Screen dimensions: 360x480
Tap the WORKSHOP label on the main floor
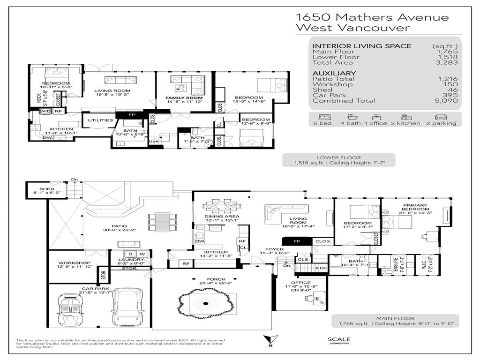72,263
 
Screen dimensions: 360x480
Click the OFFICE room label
301,283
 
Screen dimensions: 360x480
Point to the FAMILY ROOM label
180,97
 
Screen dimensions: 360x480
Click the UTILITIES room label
100,120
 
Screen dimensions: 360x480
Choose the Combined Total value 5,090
445,101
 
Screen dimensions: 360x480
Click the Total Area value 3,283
445,62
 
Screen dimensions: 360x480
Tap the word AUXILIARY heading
334,73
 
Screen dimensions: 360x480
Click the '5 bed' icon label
323,123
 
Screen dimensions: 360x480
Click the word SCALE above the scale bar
338,340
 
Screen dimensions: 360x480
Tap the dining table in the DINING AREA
218,207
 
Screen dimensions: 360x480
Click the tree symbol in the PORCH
205,305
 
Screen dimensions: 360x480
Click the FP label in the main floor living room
296,241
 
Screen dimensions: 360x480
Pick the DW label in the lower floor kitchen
47,138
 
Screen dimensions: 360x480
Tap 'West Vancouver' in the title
352,28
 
